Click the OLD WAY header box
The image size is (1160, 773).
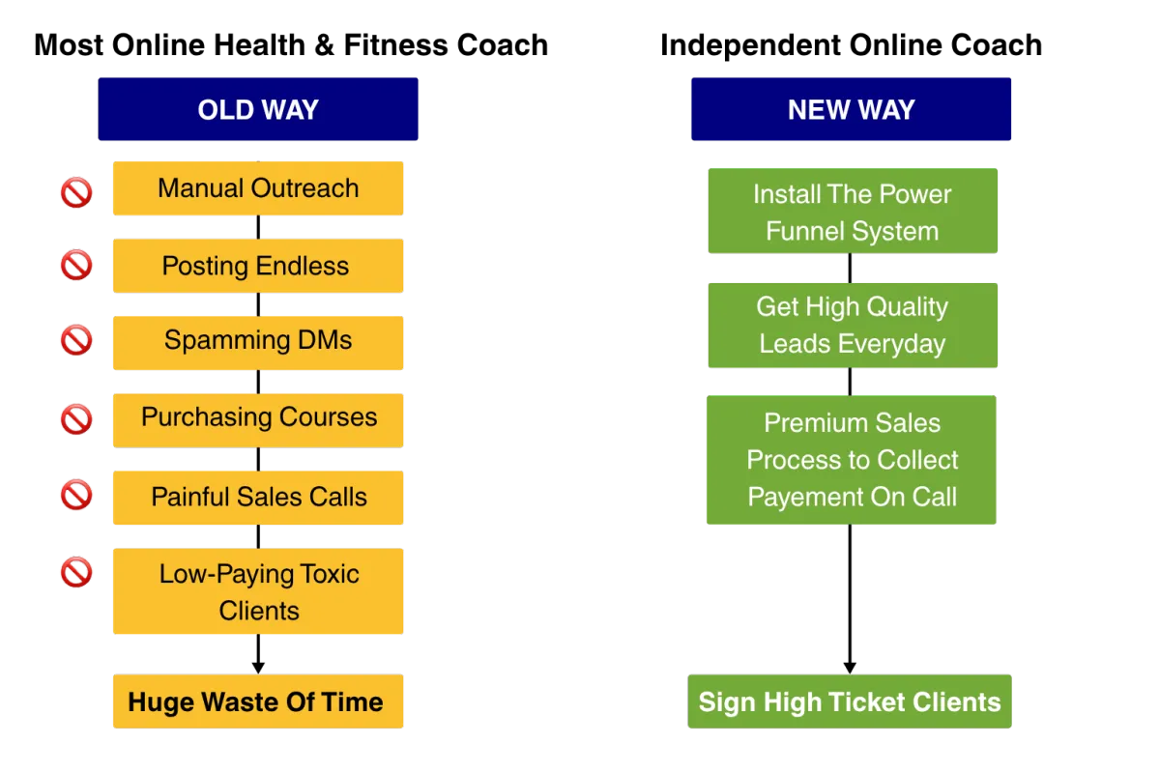[258, 109]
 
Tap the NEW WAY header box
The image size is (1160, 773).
[851, 109]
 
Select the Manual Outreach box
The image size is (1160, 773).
[258, 188]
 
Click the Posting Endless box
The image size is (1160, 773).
[258, 266]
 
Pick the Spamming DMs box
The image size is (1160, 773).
[258, 343]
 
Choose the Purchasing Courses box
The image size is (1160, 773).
[258, 420]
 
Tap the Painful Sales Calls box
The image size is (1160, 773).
[258, 498]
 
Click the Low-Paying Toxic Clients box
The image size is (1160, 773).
[258, 591]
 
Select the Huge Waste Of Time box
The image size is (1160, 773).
[258, 701]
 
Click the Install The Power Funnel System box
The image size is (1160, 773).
[853, 211]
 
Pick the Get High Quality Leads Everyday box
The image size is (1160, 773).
[853, 326]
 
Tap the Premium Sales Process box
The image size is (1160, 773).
[852, 460]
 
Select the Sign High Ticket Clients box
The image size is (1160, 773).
[850, 701]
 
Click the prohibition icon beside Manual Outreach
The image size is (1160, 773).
[76, 192]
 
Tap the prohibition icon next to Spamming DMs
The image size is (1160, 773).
[76, 340]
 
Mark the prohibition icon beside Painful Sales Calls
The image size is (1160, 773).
[76, 495]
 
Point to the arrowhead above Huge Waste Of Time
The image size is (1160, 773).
[258, 668]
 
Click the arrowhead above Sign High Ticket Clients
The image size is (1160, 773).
[850, 668]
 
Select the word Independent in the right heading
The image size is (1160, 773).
[750, 45]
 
